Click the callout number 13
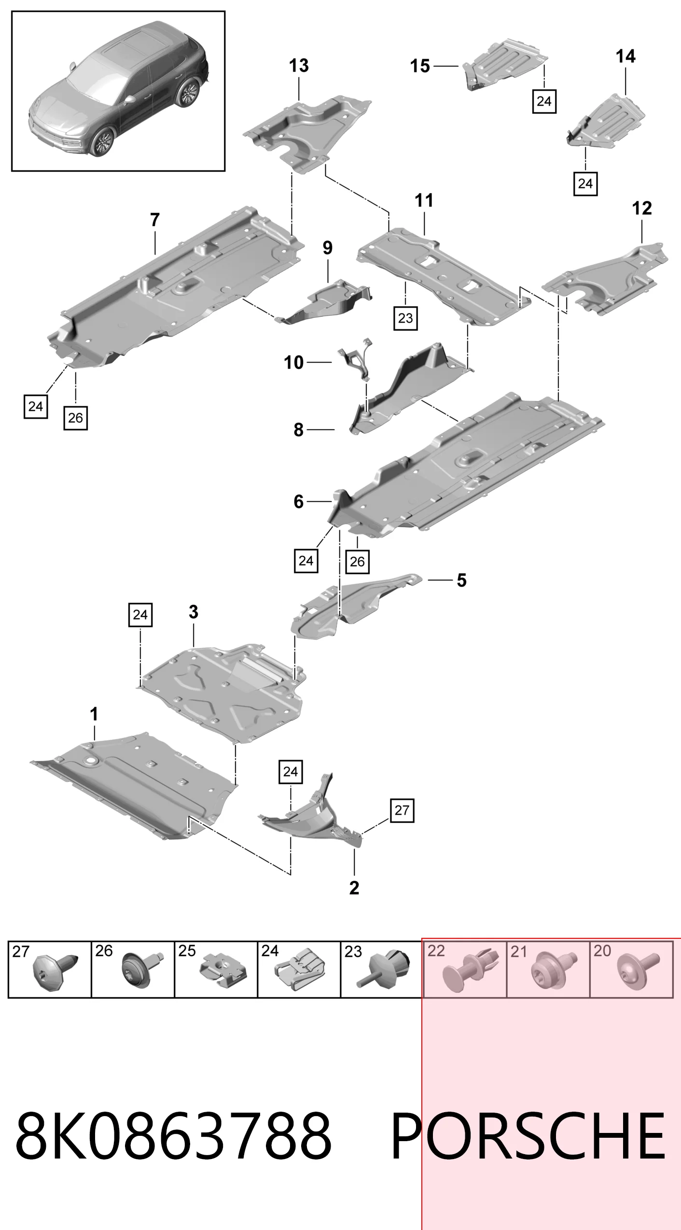tap(299, 66)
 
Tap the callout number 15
tap(420, 66)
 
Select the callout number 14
tap(625, 57)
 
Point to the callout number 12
tap(642, 208)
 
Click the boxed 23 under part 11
tap(405, 318)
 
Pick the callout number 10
tap(293, 362)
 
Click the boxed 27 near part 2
tap(402, 810)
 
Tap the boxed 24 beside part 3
tap(140, 615)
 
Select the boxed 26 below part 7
tap(76, 418)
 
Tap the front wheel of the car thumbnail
tap(101, 141)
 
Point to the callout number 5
tap(462, 580)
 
